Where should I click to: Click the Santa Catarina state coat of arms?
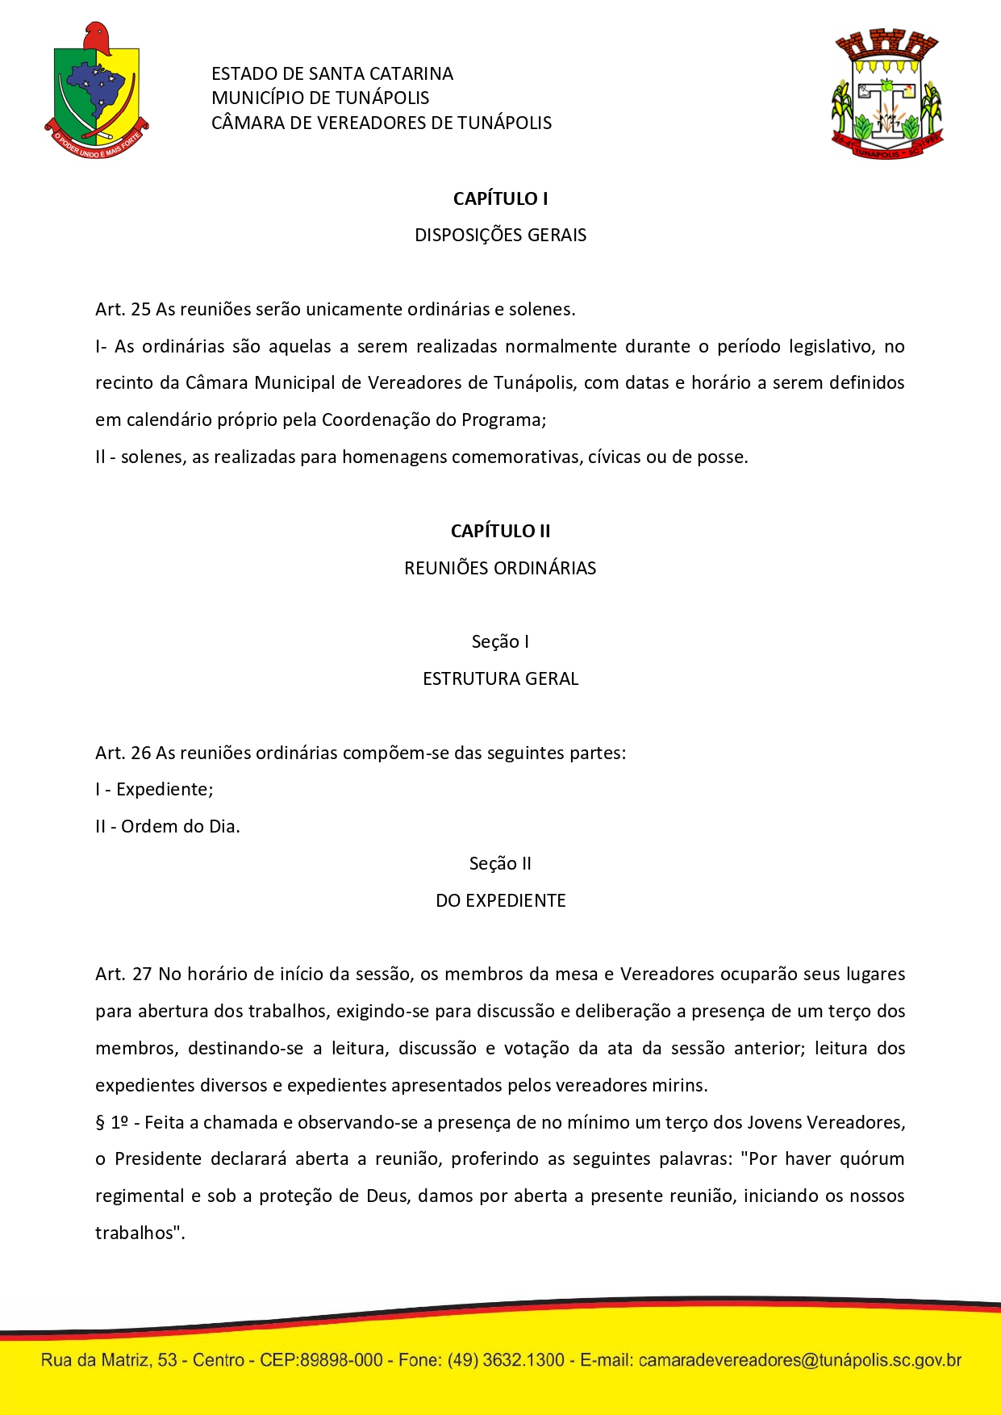96,91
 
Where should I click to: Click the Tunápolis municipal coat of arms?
886,94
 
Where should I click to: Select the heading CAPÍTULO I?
500,198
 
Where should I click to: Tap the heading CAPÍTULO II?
500,531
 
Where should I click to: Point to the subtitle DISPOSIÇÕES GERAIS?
500,236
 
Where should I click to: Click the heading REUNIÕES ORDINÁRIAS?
500,568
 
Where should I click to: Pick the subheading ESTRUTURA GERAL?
500,678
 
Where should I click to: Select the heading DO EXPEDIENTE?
500,900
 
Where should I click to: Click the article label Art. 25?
123,310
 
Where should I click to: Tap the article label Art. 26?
123,753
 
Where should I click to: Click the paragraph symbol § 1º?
112,1122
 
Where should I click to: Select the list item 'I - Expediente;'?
154,790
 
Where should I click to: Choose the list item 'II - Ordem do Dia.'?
168,827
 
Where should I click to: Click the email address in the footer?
799,1360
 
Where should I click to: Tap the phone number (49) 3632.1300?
506,1360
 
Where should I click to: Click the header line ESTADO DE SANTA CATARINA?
332,74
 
